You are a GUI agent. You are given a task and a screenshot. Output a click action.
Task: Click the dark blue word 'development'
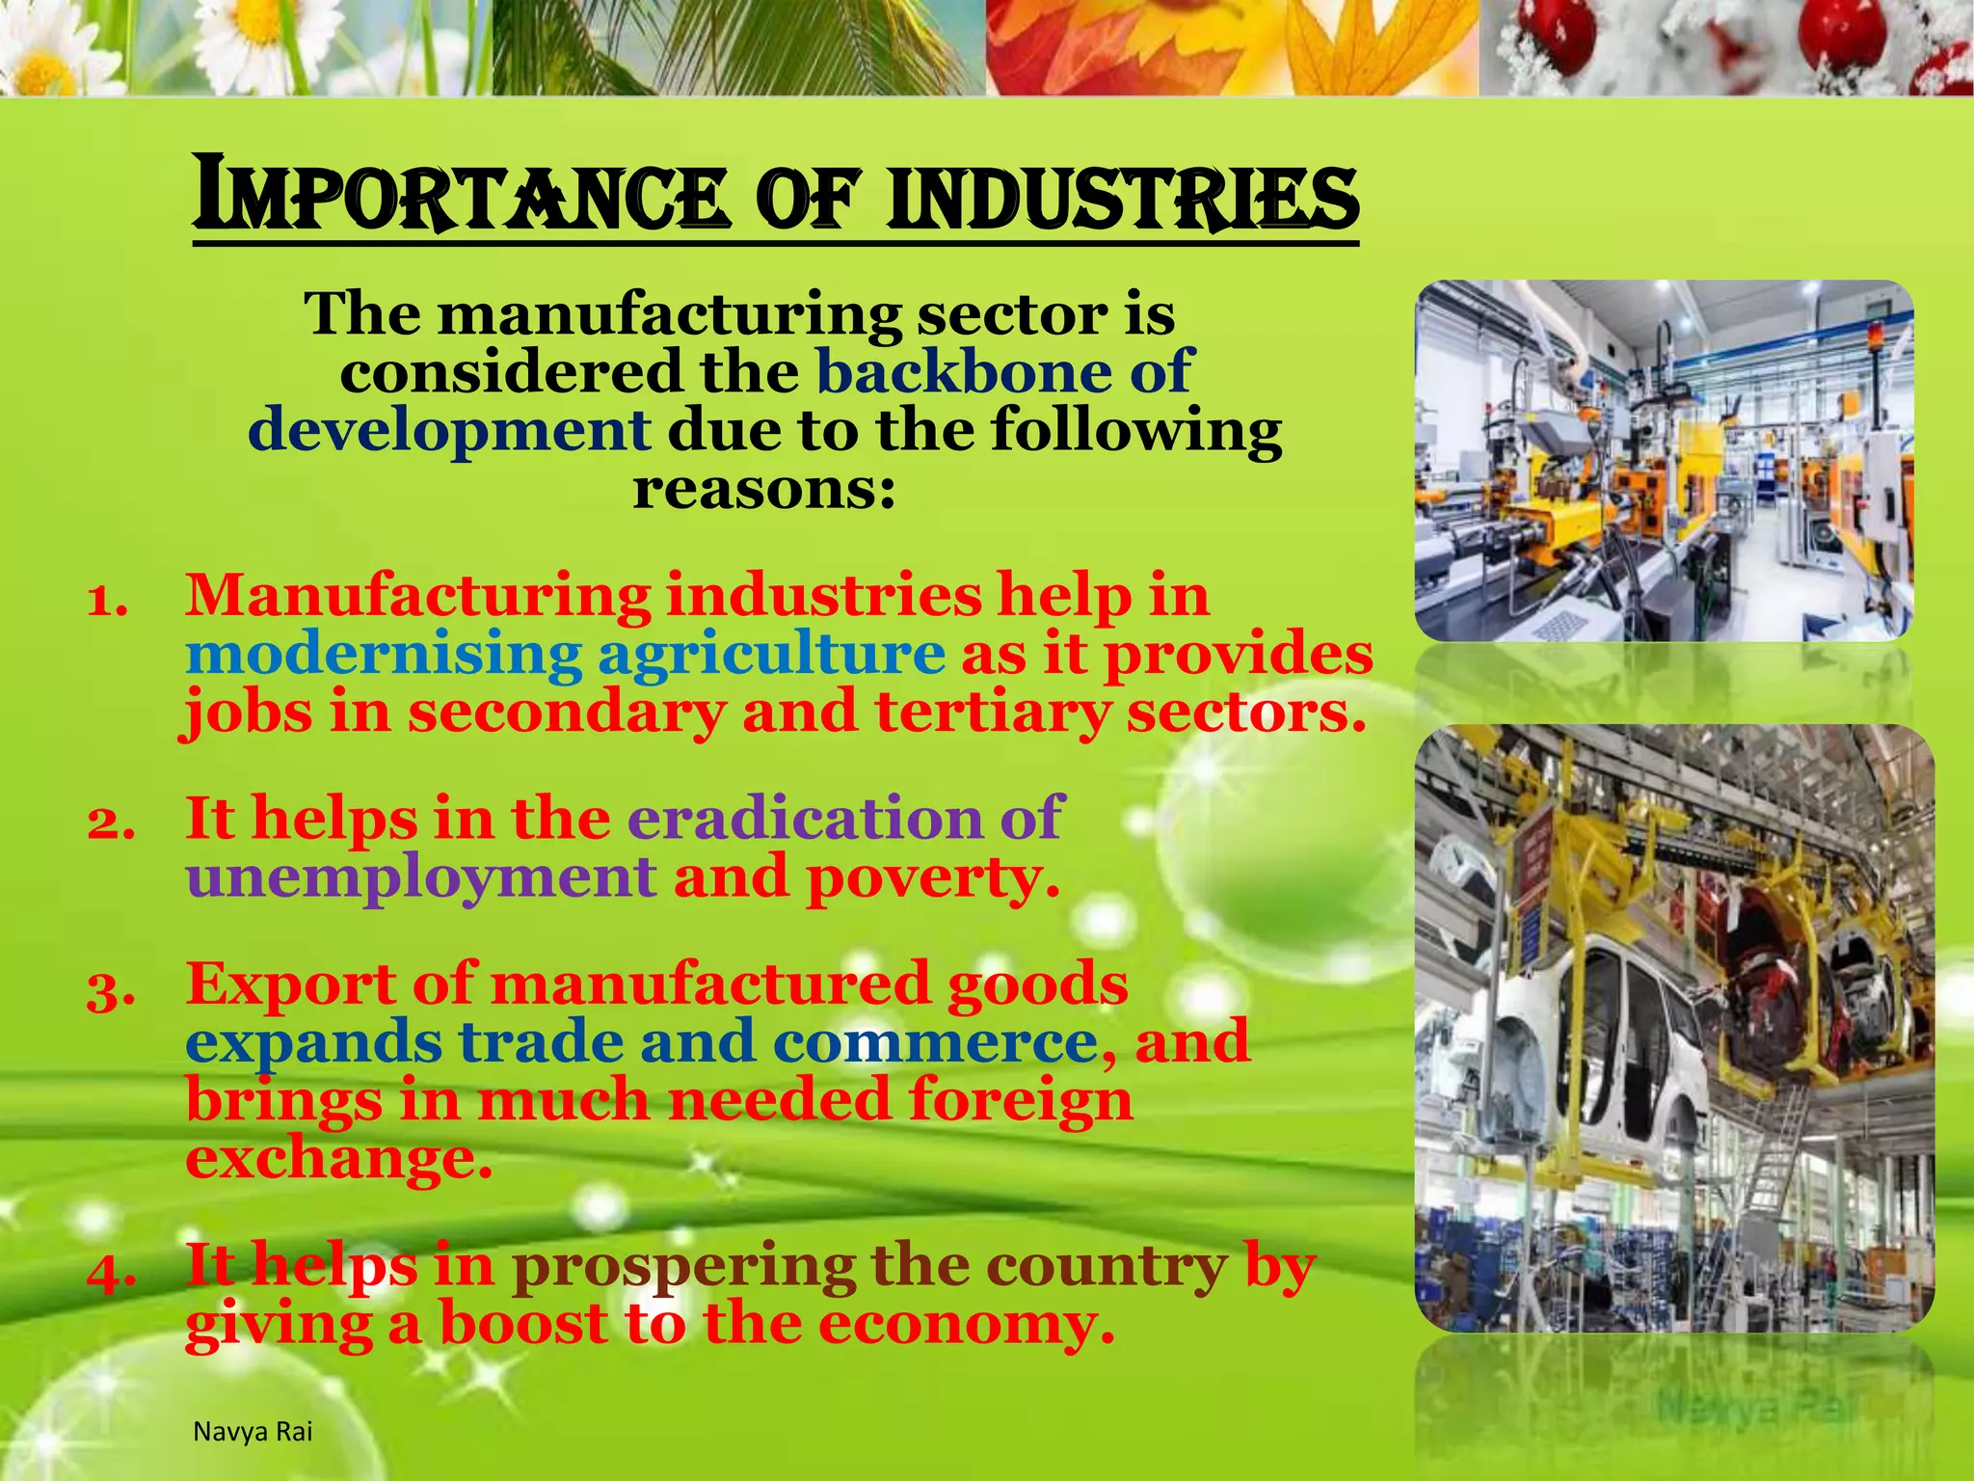click(x=449, y=430)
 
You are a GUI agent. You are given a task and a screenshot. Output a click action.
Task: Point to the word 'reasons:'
click(x=764, y=489)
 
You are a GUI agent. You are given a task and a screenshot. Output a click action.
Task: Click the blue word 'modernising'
click(x=384, y=655)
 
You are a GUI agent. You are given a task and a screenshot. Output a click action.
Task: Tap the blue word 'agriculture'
click(x=771, y=655)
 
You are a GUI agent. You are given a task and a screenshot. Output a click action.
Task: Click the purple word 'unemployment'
click(x=421, y=877)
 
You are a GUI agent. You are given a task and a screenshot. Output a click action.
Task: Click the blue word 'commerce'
click(x=934, y=1042)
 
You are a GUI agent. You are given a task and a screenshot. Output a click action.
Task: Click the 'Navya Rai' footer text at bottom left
click(x=253, y=1432)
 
